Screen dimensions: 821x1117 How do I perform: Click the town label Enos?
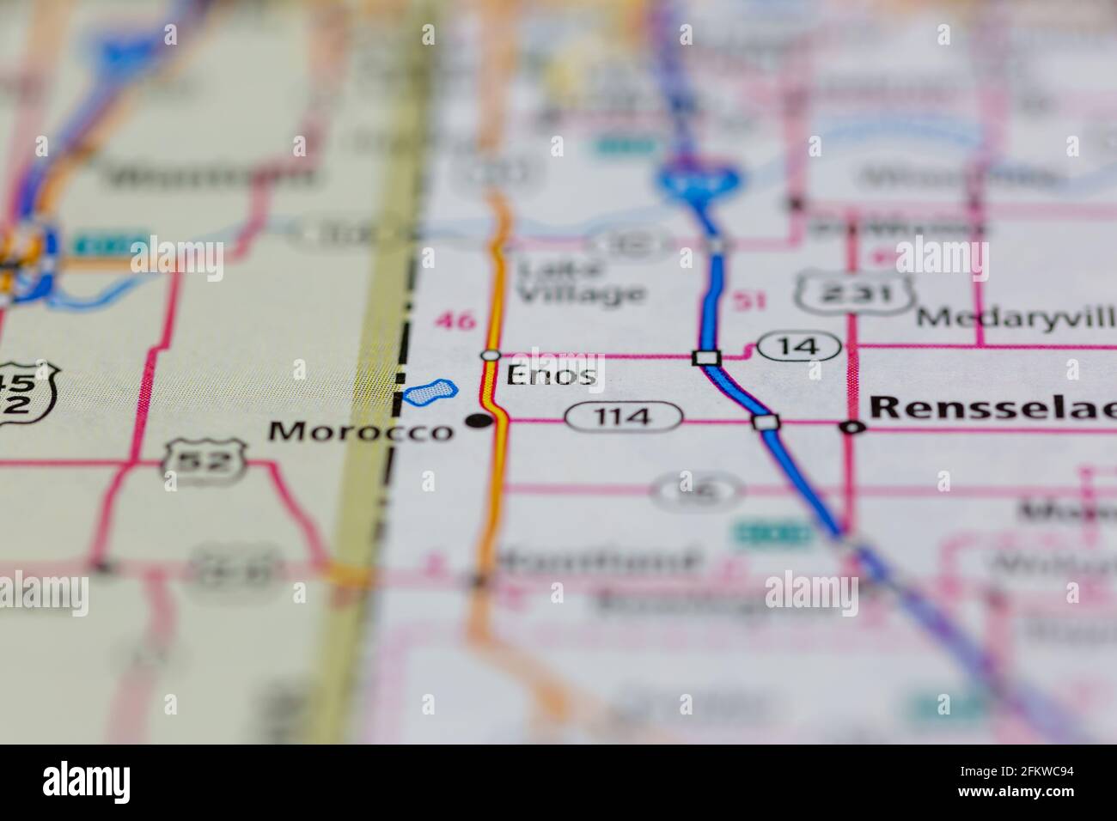[x=551, y=375]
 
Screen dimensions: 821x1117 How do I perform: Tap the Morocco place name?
[x=360, y=430]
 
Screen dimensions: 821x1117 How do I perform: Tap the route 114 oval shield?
[x=624, y=418]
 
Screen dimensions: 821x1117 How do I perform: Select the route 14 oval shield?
[x=798, y=347]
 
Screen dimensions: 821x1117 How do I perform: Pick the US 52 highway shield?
[x=204, y=463]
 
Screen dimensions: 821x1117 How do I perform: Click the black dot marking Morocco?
[x=478, y=420]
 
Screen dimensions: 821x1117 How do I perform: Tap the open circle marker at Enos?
[x=490, y=355]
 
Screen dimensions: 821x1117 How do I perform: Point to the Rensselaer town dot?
[x=851, y=427]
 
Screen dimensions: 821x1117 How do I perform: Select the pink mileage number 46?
[x=455, y=321]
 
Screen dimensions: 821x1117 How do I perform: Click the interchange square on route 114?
[x=765, y=422]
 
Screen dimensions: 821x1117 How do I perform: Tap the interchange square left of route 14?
[x=706, y=356]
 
